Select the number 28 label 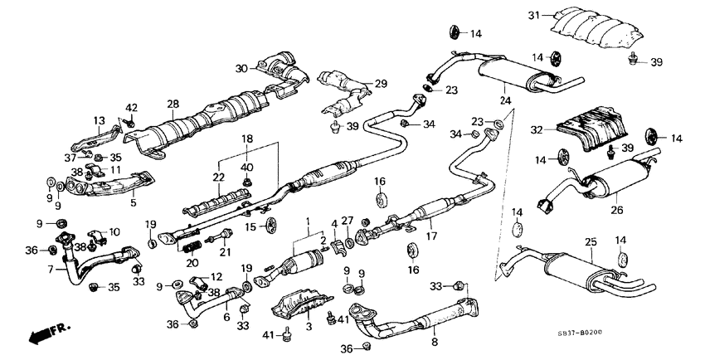pos(173,104)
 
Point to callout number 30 pos(241,68)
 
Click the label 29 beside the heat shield pos(381,83)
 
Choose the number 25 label pos(591,241)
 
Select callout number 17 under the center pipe pos(430,236)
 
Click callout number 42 pos(131,107)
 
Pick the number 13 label pos(100,120)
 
